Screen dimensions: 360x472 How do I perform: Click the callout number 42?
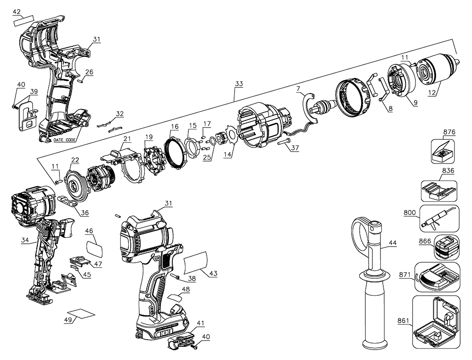click(x=17, y=11)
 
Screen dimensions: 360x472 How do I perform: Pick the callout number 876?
click(x=449, y=132)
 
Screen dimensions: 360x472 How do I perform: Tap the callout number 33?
click(x=239, y=84)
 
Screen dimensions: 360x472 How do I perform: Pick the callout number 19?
click(x=149, y=137)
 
